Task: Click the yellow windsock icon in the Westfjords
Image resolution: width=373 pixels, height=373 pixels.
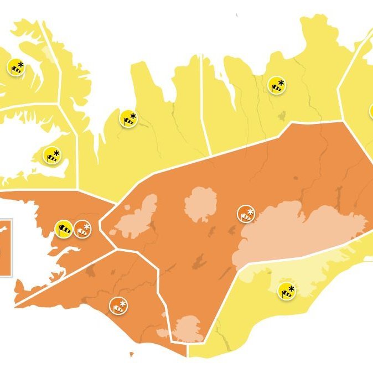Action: point(16,67)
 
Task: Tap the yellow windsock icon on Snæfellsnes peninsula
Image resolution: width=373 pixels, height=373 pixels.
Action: point(51,156)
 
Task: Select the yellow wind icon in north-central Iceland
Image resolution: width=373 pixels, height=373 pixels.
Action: point(128,118)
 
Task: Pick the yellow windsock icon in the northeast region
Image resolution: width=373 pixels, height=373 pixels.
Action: point(276,85)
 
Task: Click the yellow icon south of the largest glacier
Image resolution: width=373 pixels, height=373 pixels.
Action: point(287,290)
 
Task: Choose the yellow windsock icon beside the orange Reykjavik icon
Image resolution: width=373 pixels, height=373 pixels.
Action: point(64,228)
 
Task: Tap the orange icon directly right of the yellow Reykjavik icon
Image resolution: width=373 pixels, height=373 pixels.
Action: point(83,228)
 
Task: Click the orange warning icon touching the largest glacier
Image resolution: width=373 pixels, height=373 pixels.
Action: point(246,213)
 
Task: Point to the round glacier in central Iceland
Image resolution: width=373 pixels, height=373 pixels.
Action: point(200,204)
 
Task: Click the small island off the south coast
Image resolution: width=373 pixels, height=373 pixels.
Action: point(132,354)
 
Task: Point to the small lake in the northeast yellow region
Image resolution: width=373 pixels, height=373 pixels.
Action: point(282,116)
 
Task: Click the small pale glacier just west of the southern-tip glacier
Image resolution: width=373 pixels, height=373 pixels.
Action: point(163,333)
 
